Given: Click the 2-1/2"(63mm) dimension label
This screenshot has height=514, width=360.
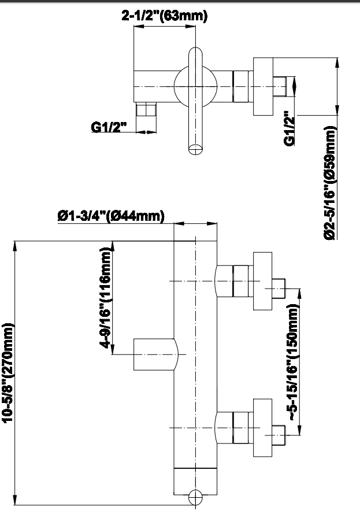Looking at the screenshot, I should click(x=164, y=16).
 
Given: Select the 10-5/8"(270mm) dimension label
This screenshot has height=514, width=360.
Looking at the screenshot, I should click(x=8, y=370).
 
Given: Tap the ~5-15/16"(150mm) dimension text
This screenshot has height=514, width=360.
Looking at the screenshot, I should click(x=294, y=363).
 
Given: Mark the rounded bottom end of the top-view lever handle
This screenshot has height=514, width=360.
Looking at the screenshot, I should click(x=196, y=147).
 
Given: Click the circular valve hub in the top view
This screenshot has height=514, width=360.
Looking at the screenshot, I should click(x=196, y=86).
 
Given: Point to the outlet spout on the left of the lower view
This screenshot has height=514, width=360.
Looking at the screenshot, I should click(x=155, y=354).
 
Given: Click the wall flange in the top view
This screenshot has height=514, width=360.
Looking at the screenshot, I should click(x=262, y=86).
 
